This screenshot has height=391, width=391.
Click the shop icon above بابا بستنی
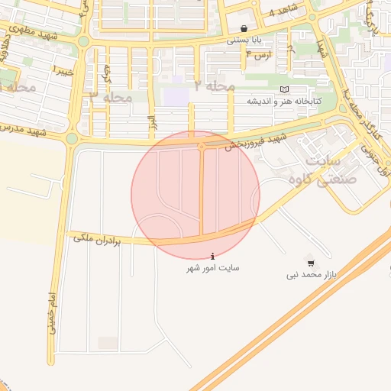[244, 29]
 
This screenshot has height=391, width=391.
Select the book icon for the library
[284, 90]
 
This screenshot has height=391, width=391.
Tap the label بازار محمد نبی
[312, 274]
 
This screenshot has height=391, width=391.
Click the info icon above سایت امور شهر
[212, 256]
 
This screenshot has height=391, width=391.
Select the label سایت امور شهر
[213, 268]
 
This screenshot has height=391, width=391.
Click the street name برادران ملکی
[98, 239]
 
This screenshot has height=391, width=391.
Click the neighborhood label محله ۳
[111, 97]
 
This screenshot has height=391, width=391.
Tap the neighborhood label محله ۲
[214, 86]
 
